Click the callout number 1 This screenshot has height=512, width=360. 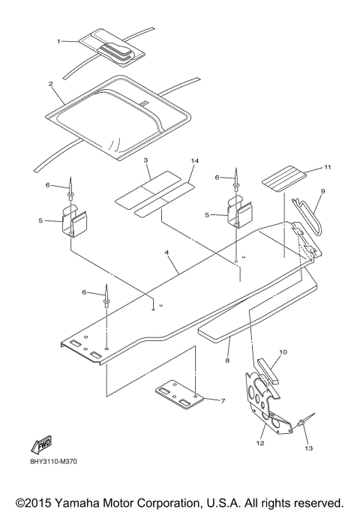pos(60,41)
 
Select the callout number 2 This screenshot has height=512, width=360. pos(50,84)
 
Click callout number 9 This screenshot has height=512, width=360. pos(322,192)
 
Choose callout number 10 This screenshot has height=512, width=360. pos(283,351)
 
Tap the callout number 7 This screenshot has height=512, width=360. pos(223,401)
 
